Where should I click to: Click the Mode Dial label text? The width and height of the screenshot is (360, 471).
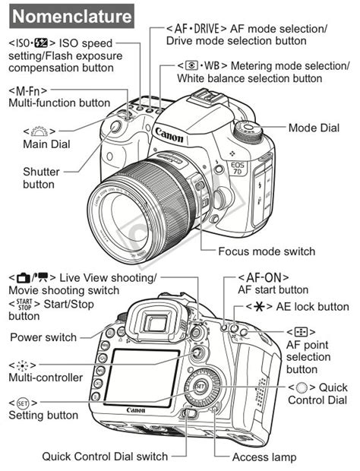(x=313, y=128)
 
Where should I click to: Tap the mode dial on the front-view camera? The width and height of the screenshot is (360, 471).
(x=250, y=128)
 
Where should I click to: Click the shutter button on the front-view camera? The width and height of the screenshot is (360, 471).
(x=115, y=127)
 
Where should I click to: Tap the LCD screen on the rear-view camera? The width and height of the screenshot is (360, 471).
(x=142, y=375)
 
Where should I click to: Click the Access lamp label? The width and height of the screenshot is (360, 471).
(x=264, y=457)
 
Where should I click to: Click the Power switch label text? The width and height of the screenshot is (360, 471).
(x=43, y=337)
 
